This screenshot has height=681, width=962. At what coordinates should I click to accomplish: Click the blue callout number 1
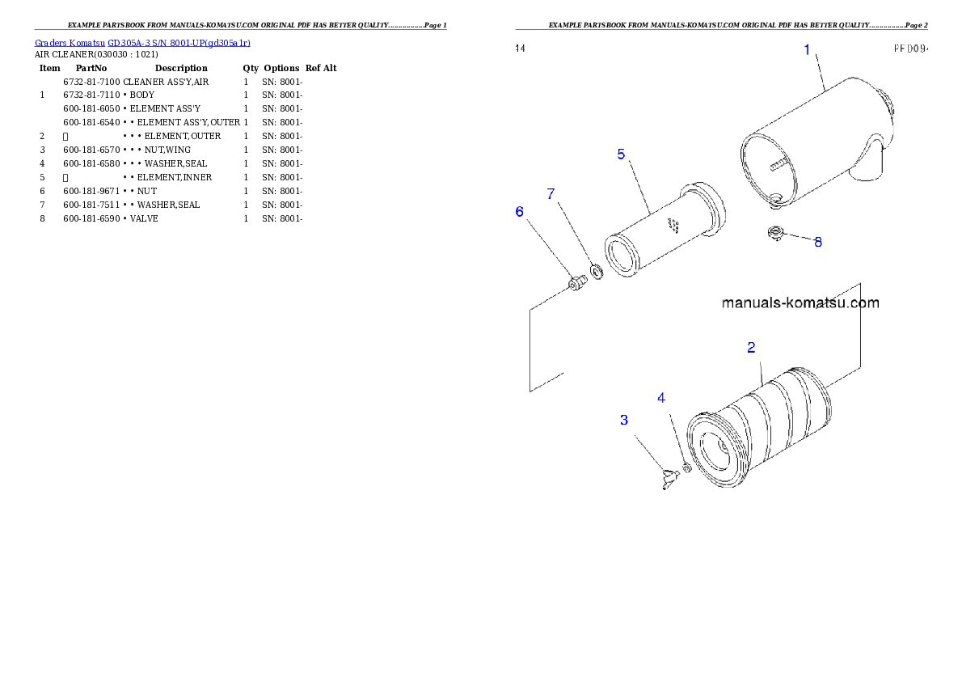[806, 50]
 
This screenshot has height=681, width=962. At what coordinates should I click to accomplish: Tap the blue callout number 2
[751, 348]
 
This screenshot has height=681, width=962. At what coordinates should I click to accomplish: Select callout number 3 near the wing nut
[624, 420]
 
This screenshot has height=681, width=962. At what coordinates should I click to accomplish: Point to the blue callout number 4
[661, 398]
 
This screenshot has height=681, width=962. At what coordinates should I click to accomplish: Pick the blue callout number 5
[621, 154]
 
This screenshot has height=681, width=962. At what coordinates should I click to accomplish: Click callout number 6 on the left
[520, 211]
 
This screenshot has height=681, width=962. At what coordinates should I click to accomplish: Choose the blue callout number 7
[551, 194]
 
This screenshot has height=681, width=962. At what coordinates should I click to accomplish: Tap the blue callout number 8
[818, 242]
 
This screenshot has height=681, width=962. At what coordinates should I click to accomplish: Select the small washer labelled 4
[686, 467]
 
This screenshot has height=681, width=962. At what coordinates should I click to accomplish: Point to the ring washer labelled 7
[597, 270]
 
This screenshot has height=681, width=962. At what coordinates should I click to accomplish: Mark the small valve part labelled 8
[775, 234]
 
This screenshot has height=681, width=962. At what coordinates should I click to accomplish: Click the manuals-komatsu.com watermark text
[800, 303]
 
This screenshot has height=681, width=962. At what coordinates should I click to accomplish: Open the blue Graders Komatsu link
[142, 42]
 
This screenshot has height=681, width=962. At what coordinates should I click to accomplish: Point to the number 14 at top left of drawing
[521, 49]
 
